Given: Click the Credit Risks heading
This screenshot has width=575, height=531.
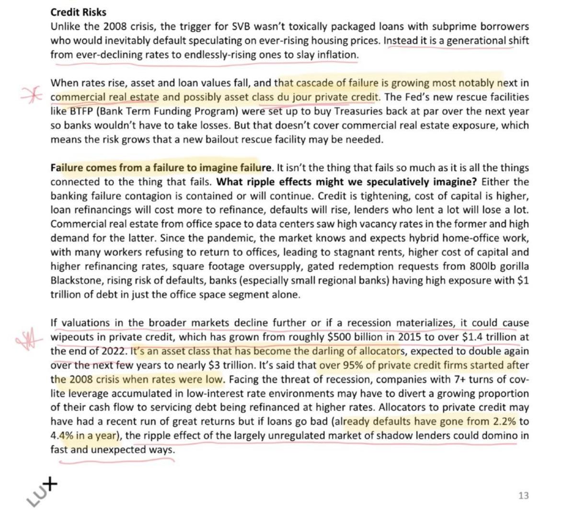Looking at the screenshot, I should [x=78, y=12].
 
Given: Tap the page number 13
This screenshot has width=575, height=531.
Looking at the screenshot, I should [x=523, y=495].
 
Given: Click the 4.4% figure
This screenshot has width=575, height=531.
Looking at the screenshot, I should [x=60, y=436].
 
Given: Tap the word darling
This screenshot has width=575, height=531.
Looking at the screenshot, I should [x=328, y=351].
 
